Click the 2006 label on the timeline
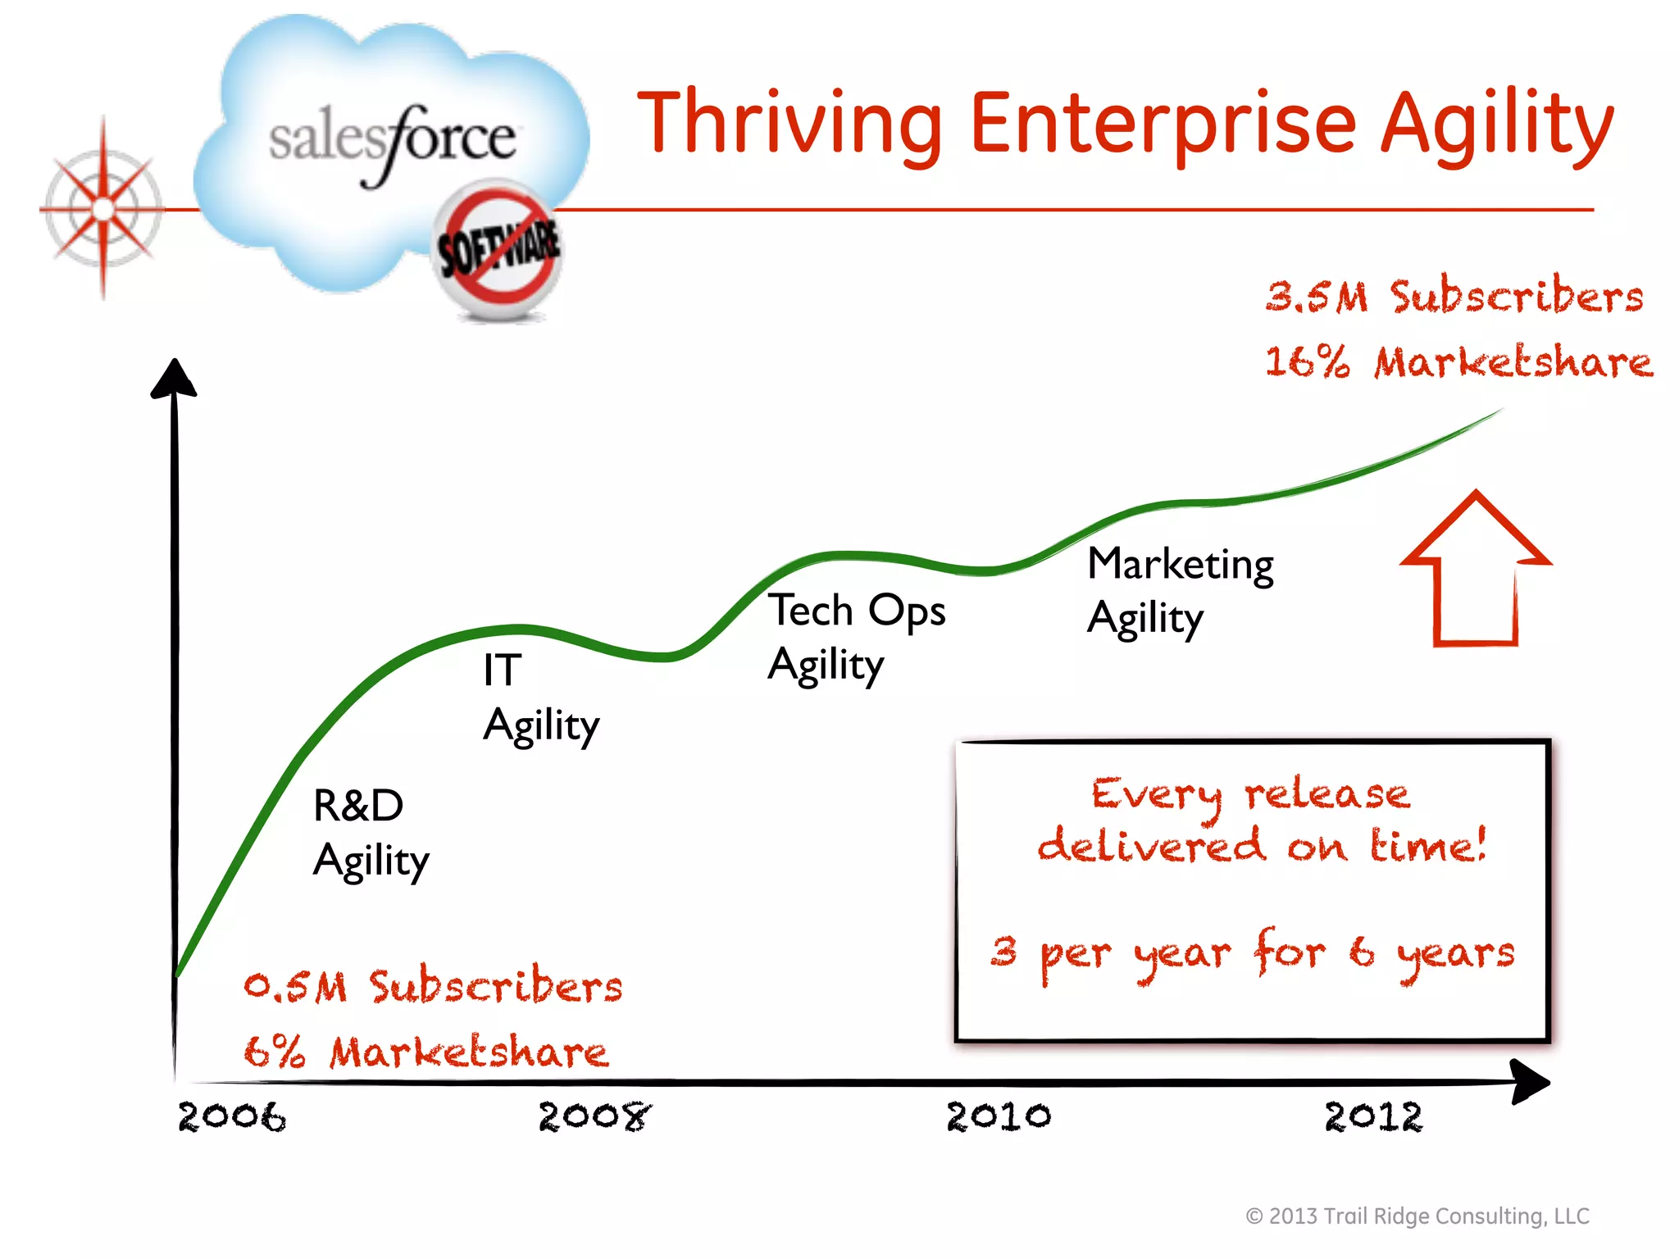[x=232, y=1117]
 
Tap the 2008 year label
[x=594, y=1116]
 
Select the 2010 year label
[x=999, y=1116]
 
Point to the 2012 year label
[x=1374, y=1117]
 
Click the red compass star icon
[x=102, y=210]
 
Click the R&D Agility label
[x=371, y=833]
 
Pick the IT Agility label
[x=541, y=698]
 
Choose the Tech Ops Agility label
[x=857, y=637]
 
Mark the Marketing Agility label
[x=1181, y=590]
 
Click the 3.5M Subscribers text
[x=1454, y=297]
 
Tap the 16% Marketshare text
[x=1458, y=362]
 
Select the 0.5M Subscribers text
[x=433, y=986]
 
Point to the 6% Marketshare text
[x=426, y=1052]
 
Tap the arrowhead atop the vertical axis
[x=174, y=379]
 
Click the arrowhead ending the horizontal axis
[x=1530, y=1082]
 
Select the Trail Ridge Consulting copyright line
[x=1417, y=1216]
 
